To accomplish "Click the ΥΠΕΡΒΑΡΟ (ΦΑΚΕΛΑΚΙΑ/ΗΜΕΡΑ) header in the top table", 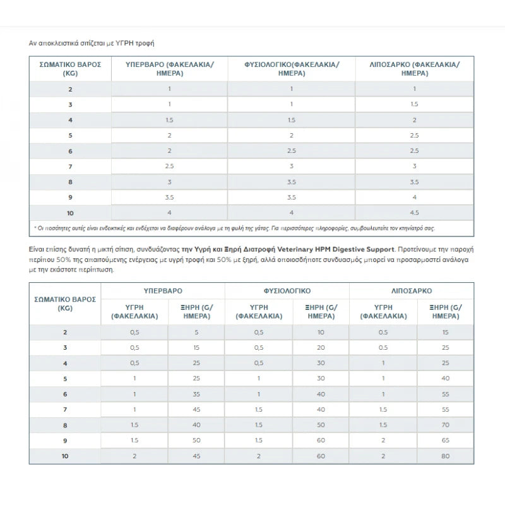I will pyautogui.click(x=169, y=69).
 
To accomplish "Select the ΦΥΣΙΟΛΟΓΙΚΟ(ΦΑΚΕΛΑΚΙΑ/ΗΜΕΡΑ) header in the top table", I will pyautogui.click(x=291, y=69).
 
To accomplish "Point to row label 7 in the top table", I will pyautogui.click(x=70, y=165).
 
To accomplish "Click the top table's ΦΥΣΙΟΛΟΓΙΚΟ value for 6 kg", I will pyautogui.click(x=291, y=150).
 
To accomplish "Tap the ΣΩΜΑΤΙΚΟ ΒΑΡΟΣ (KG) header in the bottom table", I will pyautogui.click(x=65, y=304).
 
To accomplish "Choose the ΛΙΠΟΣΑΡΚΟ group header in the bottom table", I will pyautogui.click(x=415, y=292).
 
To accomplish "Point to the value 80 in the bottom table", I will pyautogui.click(x=445, y=455).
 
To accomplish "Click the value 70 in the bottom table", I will pyautogui.click(x=445, y=425).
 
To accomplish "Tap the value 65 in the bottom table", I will pyautogui.click(x=445, y=440).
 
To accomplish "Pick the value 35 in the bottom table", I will pyautogui.click(x=196, y=394).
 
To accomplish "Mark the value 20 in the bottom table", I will pyautogui.click(x=321, y=348).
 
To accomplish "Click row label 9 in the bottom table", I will pyautogui.click(x=65, y=440).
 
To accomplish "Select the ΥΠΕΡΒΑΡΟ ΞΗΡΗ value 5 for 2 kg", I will pyautogui.click(x=196, y=332).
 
